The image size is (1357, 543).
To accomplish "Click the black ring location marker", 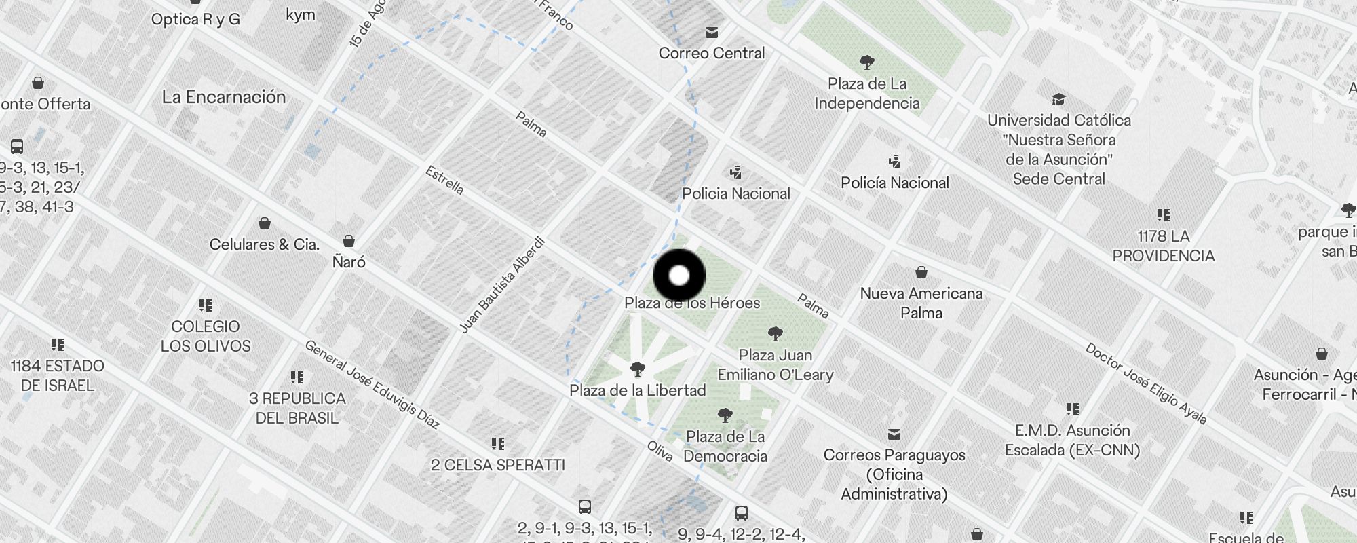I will (x=679, y=276).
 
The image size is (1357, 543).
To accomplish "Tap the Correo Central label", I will (x=711, y=53).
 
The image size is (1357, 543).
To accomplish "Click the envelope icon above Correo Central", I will (x=711, y=32).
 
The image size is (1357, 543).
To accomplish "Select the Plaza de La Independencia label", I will (x=866, y=94).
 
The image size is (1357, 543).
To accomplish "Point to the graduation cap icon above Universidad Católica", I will (x=1058, y=100).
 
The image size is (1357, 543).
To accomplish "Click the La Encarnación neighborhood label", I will (x=224, y=97).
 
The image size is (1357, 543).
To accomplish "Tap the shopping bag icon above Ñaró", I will (x=349, y=241).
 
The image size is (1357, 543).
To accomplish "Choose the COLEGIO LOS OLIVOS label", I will (x=206, y=336).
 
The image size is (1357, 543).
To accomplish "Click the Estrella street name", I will (x=444, y=181).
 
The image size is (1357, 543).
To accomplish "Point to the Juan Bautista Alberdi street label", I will (x=502, y=285).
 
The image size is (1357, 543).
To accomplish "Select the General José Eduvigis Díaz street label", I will (x=372, y=385).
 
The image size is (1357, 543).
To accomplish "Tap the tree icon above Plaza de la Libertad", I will (x=637, y=369).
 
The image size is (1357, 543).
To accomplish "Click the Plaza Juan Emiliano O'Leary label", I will (x=776, y=364).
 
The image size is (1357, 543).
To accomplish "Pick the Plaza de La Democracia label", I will (x=725, y=446).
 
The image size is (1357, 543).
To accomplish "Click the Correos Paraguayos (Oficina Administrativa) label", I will (x=894, y=474).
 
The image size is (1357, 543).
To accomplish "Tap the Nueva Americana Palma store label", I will (x=921, y=303).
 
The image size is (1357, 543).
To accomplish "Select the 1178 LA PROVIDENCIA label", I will (x=1163, y=246).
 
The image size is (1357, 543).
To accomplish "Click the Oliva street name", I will (x=660, y=451).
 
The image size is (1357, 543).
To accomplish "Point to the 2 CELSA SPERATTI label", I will (x=498, y=465).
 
